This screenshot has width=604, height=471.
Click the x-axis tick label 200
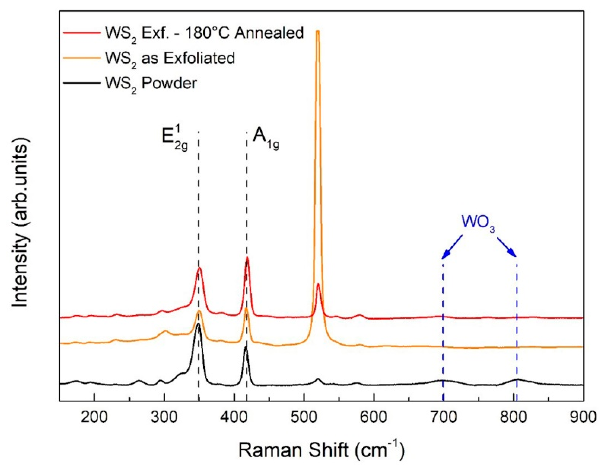pos(94,417)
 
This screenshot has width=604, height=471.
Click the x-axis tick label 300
pos(164,417)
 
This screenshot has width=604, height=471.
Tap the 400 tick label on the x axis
pos(234,417)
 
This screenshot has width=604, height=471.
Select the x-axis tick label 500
pos(304,417)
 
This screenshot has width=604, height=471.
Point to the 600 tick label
pos(374,417)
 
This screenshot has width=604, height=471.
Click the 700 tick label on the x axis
pos(443,417)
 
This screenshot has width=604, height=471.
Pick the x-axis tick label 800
pos(513,417)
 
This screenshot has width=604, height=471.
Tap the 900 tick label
pos(583,417)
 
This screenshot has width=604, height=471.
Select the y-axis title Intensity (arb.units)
pos(20,222)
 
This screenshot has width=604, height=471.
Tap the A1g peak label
pos(266,139)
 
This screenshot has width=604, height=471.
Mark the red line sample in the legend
pos(82,33)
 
